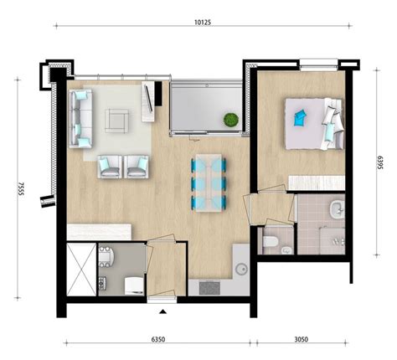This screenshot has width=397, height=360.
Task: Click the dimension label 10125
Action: click(x=199, y=23)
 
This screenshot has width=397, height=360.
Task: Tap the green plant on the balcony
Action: click(x=229, y=121)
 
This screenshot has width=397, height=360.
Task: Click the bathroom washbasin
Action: click(x=336, y=209)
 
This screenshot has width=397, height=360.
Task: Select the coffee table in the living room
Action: click(x=117, y=121)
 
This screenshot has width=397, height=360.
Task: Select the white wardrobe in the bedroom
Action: click(x=316, y=183)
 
